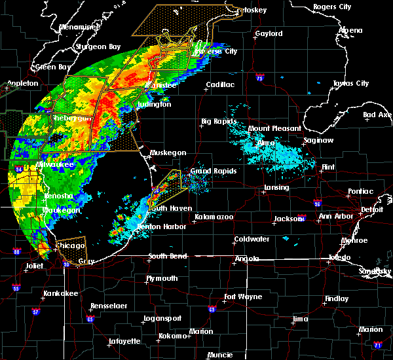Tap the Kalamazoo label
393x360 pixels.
214,217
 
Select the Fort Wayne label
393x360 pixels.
242,297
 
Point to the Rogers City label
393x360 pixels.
332,7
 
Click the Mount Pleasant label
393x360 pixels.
275,129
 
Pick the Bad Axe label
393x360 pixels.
377,115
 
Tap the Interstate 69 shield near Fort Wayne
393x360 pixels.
212,309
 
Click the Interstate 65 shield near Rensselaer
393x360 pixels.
90,319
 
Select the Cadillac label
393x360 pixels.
220,85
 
